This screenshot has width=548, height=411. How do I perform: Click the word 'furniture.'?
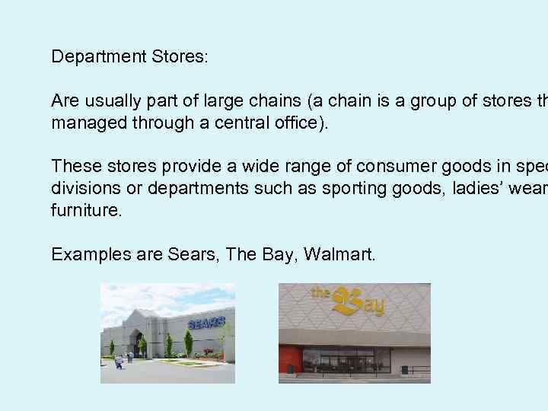tap(85, 210)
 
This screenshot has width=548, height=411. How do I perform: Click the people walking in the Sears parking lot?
tap(123, 358)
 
